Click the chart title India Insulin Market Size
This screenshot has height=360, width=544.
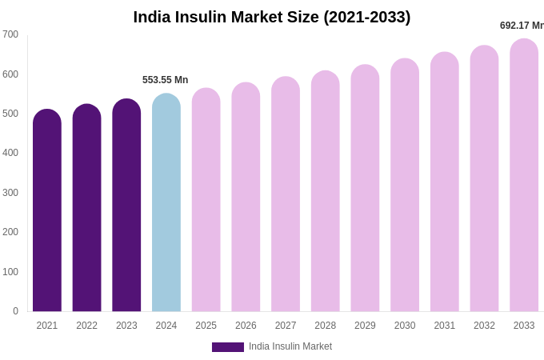point(271,17)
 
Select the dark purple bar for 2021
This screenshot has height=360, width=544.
point(47,212)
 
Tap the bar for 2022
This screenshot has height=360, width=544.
point(86,210)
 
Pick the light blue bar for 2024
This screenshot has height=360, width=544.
point(166,204)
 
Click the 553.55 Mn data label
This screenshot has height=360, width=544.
point(165,80)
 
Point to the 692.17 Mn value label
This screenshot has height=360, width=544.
point(522,26)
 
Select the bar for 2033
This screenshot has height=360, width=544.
point(524,176)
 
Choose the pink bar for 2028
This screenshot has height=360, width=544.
point(326,192)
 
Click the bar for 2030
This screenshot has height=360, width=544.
point(405,186)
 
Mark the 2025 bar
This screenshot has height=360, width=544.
point(206,201)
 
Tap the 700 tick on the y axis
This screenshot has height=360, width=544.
point(10,34)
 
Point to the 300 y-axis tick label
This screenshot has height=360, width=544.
point(10,193)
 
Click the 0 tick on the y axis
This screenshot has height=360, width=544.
point(15,311)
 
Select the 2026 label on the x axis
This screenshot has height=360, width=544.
point(246,326)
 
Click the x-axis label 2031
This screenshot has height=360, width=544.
point(445,326)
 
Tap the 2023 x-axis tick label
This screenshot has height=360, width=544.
point(126,326)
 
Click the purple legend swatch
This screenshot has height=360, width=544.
point(228,347)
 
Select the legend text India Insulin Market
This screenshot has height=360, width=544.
point(290,346)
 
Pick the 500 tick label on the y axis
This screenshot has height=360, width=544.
point(10,114)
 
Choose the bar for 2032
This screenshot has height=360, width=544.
point(484,179)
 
